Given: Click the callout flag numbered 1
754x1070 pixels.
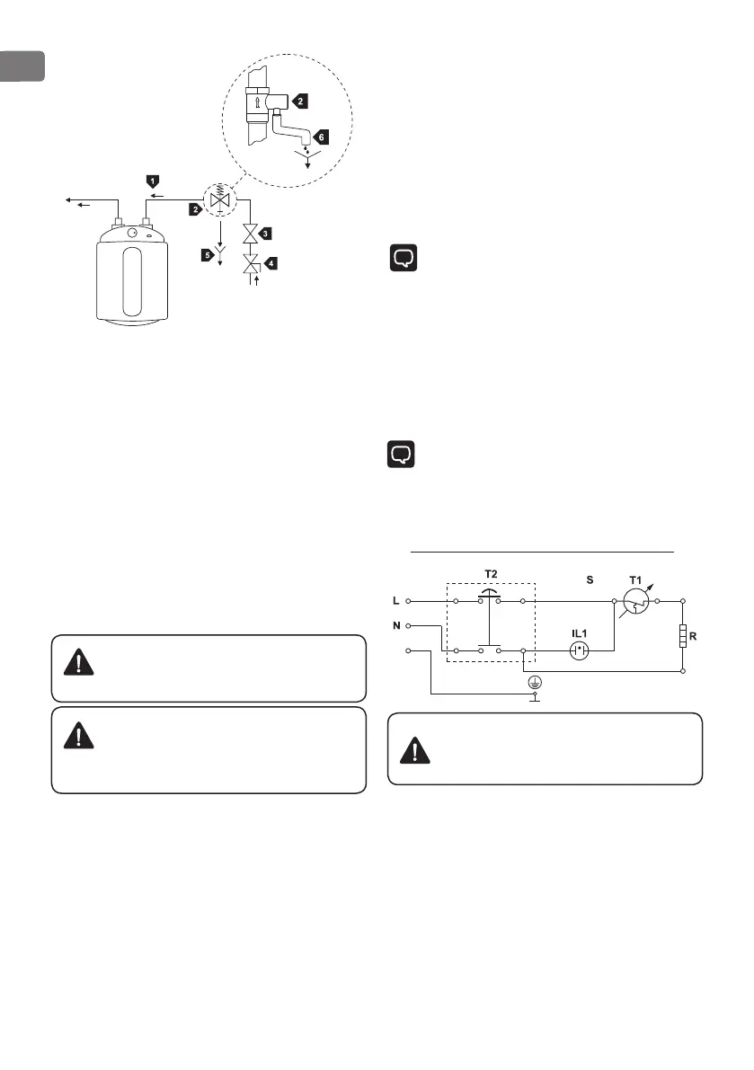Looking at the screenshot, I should tap(153, 182).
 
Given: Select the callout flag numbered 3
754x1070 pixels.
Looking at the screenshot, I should tap(267, 234).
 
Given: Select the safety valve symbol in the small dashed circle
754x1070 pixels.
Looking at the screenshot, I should tap(215, 198).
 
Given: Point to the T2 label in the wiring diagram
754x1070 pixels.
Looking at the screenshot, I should tap(490, 574).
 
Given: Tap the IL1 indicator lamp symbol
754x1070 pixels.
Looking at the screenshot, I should tap(580, 648).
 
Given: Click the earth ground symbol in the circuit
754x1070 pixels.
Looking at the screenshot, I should tap(536, 685).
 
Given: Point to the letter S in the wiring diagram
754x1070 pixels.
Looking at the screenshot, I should tap(590, 579).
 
